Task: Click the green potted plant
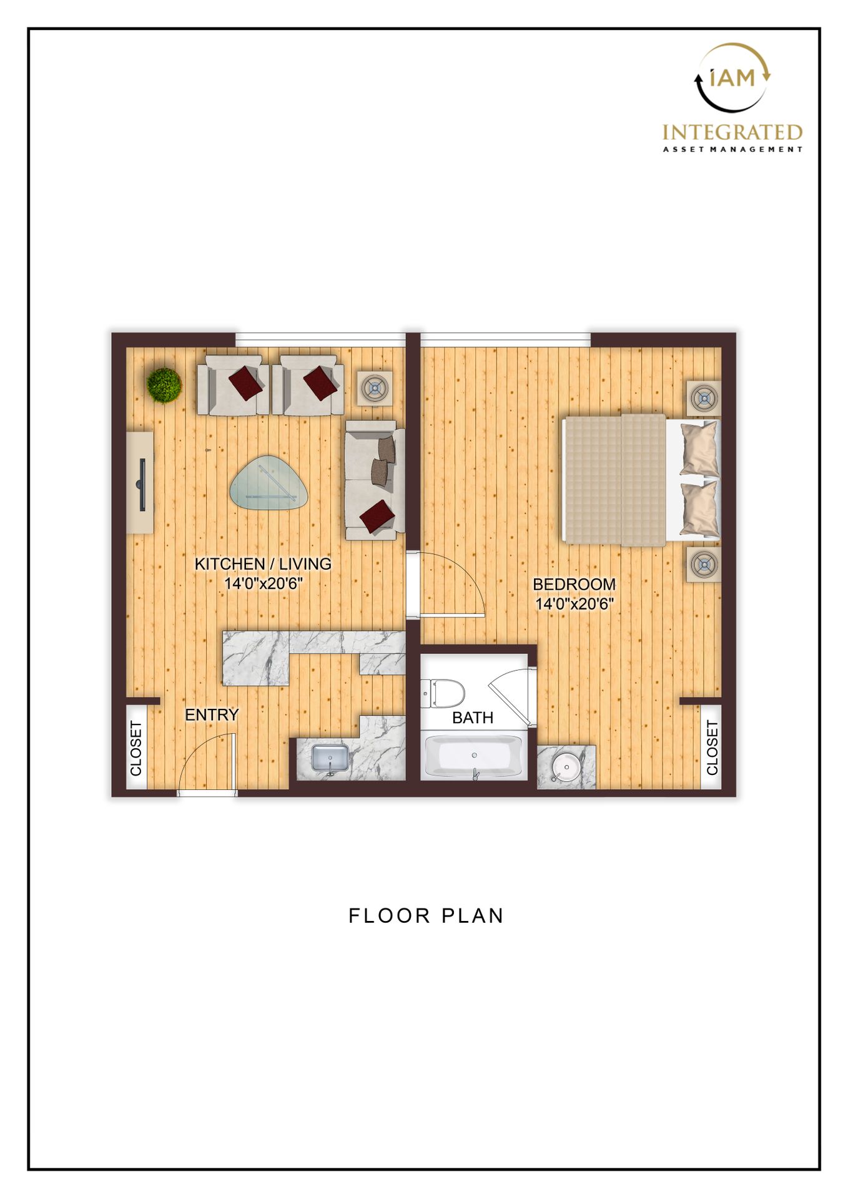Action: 164,385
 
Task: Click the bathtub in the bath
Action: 473,756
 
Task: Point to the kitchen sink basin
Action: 330,757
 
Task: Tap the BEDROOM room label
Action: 574,584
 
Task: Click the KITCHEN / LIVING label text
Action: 263,563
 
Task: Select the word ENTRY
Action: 212,714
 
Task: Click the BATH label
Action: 473,718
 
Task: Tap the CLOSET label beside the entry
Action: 136,748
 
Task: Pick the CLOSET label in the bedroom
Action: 712,748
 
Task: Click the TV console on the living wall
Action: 141,482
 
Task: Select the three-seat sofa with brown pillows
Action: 374,480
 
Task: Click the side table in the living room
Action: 375,389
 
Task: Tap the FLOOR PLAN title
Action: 426,915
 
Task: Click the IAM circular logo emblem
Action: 732,77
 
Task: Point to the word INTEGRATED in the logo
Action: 732,132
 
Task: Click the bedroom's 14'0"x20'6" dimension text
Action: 574,604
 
